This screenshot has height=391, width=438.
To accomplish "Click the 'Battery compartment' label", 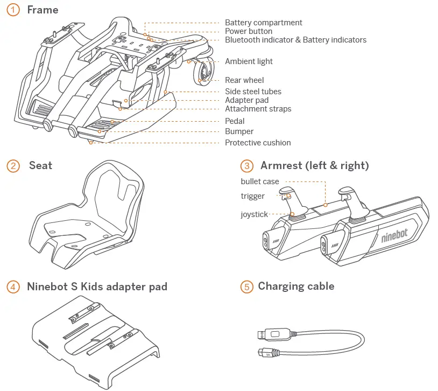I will point(263,23).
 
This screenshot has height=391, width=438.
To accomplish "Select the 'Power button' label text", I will point(249,31).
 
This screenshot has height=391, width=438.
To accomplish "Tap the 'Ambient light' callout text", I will point(249,61).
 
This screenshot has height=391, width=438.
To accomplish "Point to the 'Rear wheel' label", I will point(244,80).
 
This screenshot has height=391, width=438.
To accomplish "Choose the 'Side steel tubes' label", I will point(253,92).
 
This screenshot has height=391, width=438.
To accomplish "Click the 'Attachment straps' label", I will point(258,109).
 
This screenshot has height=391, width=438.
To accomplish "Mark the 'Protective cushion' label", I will point(258,143).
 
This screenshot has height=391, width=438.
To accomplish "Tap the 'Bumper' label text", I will point(239,131).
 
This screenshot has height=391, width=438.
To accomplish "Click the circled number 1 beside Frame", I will point(14,10).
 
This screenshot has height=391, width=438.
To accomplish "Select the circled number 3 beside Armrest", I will point(246,166).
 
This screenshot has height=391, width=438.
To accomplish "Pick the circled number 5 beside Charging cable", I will point(246,287).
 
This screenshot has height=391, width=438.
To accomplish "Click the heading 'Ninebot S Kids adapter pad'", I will point(97,287).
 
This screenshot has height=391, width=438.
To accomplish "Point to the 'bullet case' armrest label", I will point(260,181).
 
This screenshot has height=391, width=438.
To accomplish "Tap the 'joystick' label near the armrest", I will point(254,215).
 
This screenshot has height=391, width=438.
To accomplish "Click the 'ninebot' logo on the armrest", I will point(394,235).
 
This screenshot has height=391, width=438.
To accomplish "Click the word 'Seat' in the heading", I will point(40,165).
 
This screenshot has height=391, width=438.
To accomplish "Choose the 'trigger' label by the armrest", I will point(252,197).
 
